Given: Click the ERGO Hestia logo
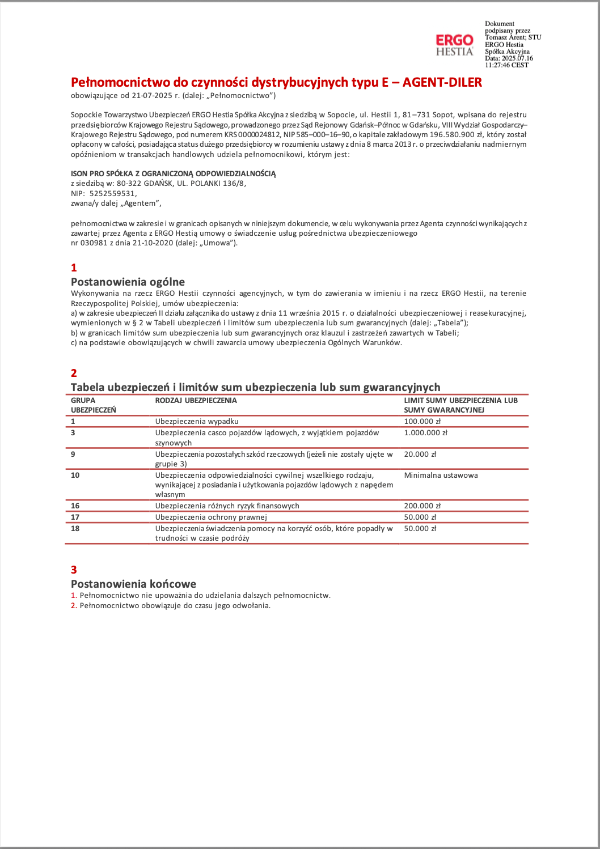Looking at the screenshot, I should point(454,45).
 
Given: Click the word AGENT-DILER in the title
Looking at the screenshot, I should point(442,83).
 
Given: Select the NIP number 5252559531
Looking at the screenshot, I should point(113,193).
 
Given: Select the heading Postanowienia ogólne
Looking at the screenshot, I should point(128,282).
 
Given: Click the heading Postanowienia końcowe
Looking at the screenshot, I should point(133,584).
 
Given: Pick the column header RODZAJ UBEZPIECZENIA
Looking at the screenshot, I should point(196,401).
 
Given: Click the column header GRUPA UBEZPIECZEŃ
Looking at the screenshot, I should point(93,405).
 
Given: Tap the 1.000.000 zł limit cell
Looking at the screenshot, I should point(425,433).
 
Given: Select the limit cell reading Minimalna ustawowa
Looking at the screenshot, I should point(441,476).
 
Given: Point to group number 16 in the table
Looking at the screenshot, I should point(75,506).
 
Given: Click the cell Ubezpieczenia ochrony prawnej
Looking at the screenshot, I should point(210,517).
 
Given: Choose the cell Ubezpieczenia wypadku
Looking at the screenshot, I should point(196,422).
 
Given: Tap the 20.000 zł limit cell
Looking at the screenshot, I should point(420,455).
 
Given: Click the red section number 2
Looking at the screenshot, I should point(74,373).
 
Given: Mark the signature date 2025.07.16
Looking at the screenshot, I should point(517,58).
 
